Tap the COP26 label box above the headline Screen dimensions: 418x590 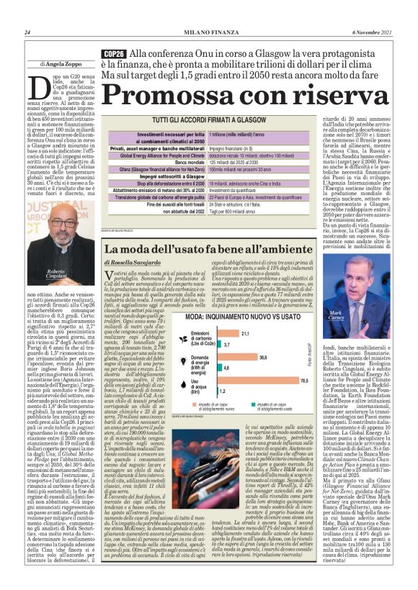tap(114, 54)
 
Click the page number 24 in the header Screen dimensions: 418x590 tap(27, 32)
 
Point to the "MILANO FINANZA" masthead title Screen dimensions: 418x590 tap(208, 32)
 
